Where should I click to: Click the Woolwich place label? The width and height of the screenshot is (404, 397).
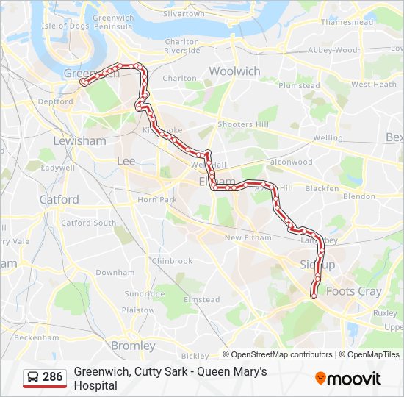click(234, 71)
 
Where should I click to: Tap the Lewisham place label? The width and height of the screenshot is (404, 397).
click(79, 140)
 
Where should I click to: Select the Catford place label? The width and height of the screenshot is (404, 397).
click(59, 199)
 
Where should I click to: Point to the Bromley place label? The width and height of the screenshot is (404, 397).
click(133, 346)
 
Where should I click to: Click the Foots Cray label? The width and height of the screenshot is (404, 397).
click(353, 291)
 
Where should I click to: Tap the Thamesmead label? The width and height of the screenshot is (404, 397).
click(347, 22)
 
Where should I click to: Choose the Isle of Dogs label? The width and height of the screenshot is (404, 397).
click(64, 26)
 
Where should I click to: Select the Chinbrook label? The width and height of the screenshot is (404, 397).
click(172, 261)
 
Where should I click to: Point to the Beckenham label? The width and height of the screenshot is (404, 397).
click(36, 337)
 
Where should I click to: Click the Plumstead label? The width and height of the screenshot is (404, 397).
click(299, 85)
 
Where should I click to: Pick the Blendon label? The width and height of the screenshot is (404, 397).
click(358, 196)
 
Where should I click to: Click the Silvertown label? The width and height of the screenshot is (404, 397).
click(184, 13)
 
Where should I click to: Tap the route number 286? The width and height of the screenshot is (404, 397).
click(52, 377)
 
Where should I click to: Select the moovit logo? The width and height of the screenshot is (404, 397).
click(348, 379)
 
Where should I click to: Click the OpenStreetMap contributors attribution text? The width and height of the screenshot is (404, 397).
click(281, 354)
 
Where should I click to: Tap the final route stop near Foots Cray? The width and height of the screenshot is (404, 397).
click(314, 295)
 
